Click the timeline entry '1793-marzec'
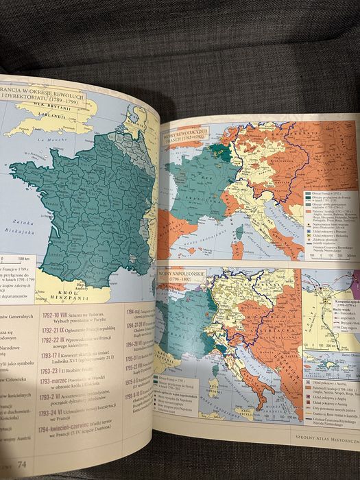[x=66, y=375]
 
